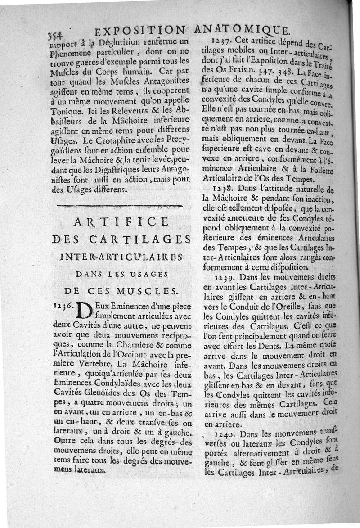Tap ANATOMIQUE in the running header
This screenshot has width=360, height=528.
click(243, 30)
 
